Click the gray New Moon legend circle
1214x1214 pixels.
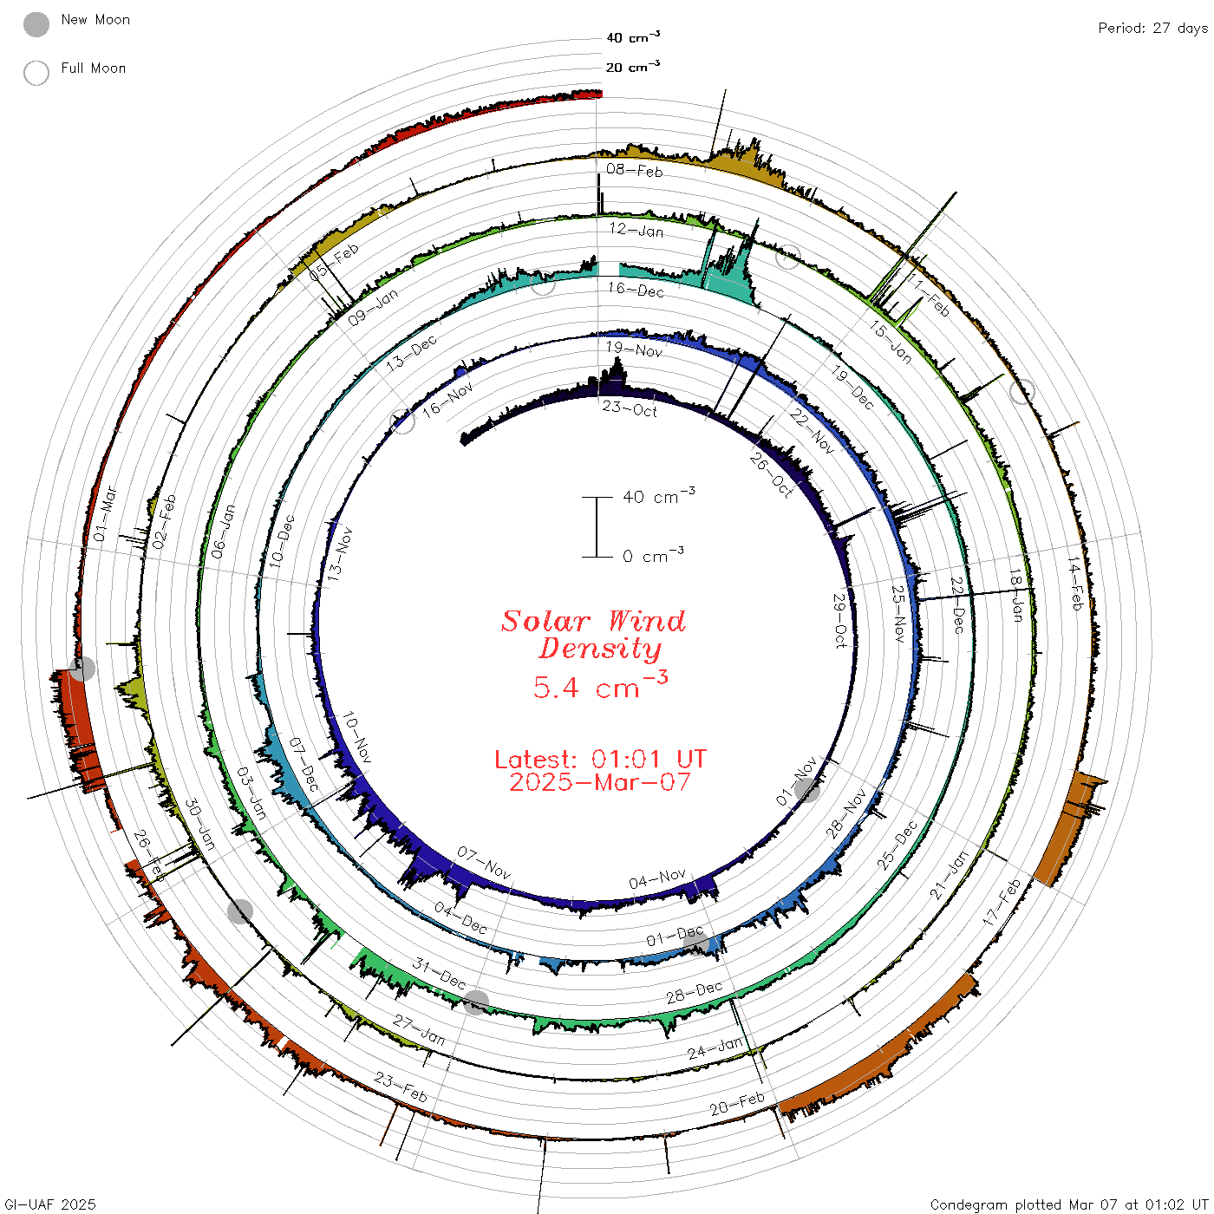(36, 24)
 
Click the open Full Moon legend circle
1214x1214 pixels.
(36, 73)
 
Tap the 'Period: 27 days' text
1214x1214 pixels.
(1153, 29)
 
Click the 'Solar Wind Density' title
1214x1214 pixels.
(593, 635)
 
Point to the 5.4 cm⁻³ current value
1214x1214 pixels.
(600, 686)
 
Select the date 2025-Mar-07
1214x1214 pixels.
(600, 782)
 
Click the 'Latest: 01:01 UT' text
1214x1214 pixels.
(600, 759)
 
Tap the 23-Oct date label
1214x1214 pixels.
(630, 409)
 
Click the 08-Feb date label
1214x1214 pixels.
(635, 170)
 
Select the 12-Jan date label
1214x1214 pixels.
(636, 230)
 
